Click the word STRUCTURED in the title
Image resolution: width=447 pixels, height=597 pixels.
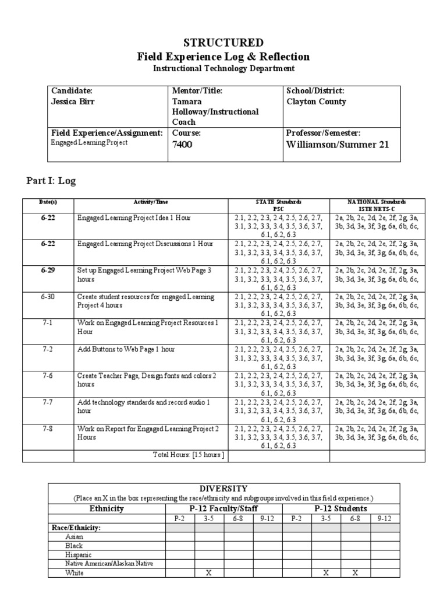coord(223,43)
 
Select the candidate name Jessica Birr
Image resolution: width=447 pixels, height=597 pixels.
coord(74,101)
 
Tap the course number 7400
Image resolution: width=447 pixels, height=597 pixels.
coord(182,145)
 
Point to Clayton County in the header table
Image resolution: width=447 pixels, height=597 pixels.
coord(316,101)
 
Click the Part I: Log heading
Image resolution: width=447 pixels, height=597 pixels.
coord(51,181)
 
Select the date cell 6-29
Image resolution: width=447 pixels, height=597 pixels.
coord(48,271)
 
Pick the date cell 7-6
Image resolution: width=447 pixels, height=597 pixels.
coord(48,375)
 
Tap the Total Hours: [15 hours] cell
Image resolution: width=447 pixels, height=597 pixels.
coord(187,455)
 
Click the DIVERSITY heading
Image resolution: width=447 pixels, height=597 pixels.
coord(223,488)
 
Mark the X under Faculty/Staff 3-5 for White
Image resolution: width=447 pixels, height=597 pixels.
coord(209,573)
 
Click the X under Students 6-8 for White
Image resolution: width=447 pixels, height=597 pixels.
coord(355,573)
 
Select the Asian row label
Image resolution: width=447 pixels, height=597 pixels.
coord(74,536)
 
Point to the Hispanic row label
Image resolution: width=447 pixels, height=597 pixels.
coord(79,554)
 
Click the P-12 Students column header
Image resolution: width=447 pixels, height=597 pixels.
coord(340,508)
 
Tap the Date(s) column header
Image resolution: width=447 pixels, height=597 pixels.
coord(48,202)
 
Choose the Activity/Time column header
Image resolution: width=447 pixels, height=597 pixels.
coord(150,202)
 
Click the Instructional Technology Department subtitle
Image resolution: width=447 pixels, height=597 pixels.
coord(223,69)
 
